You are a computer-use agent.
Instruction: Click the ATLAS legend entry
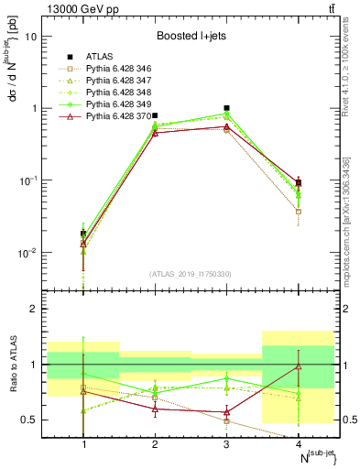[99, 56]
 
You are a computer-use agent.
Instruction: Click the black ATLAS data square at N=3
[226, 108]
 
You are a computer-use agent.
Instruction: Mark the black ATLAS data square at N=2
[155, 116]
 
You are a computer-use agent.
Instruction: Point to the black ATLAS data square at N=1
[83, 234]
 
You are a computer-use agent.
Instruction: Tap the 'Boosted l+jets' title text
[191, 36]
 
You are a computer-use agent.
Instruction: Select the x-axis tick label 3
[226, 444]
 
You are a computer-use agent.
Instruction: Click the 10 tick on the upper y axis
[32, 37]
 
